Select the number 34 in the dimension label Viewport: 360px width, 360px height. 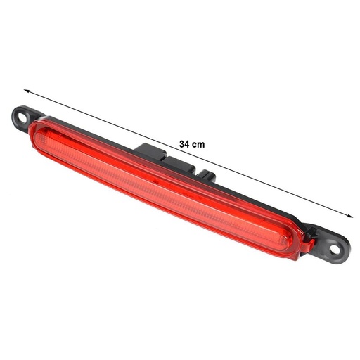point(185,143)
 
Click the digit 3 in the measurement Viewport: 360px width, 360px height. point(182,143)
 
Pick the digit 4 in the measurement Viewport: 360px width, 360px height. point(188,143)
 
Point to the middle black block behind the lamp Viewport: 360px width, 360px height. point(184,163)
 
